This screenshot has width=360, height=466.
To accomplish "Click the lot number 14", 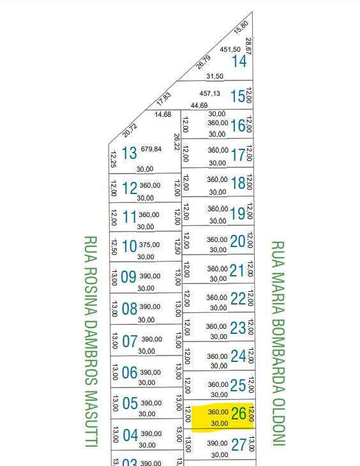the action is pyautogui.click(x=239, y=61).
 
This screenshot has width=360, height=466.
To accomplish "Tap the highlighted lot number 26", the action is pyautogui.click(x=239, y=414).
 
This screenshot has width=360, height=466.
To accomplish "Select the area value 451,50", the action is pyautogui.click(x=230, y=49).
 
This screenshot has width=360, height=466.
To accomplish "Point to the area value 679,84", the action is pyautogui.click(x=151, y=149).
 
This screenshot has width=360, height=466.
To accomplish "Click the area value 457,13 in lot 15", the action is pyautogui.click(x=209, y=94).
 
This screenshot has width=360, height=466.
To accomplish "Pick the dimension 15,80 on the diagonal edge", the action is pyautogui.click(x=241, y=27).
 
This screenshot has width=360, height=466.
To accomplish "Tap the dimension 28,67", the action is pyautogui.click(x=248, y=46).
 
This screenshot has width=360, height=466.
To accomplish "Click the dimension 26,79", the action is pyautogui.click(x=204, y=63).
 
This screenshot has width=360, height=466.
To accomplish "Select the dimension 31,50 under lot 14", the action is pyautogui.click(x=214, y=76).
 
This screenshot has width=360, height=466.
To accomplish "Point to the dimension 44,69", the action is pyautogui.click(x=199, y=105).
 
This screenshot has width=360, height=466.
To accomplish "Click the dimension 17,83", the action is pyautogui.click(x=164, y=99).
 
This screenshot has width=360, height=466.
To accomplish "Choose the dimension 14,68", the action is pyautogui.click(x=163, y=114).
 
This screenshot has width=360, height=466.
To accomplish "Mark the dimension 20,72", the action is pyautogui.click(x=130, y=130).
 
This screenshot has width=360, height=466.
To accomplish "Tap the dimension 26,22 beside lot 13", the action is pyautogui.click(x=177, y=142).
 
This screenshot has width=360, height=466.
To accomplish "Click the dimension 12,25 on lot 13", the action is pyautogui.click(x=113, y=159).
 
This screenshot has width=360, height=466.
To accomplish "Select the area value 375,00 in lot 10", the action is pyautogui.click(x=149, y=244).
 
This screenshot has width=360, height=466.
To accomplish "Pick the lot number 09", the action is pyautogui.click(x=128, y=277).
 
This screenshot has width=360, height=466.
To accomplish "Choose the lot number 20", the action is pyautogui.click(x=237, y=241).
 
